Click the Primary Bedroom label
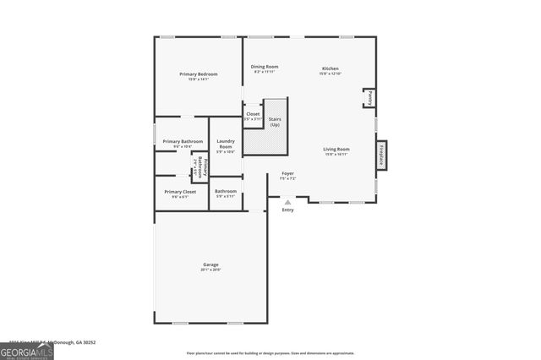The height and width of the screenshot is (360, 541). coord(199,74)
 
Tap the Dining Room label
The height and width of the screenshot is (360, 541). coord(265,67)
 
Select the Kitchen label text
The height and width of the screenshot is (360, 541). coord(331,68)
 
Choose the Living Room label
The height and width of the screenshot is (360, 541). coord(336,150)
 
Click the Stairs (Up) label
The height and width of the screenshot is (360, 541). coord(275,122)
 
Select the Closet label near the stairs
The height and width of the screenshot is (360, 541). coord(253,114)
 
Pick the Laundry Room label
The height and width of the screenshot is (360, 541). coord(226,144)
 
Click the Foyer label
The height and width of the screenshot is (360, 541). coord(287,173)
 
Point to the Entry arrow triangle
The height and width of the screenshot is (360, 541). coord(287,202)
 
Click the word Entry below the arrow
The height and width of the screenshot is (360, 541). coord(287,210)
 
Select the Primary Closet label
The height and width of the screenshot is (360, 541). coord(180,192)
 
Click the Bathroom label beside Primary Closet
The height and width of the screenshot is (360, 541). coord(226,192)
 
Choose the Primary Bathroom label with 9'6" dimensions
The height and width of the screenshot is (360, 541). coord(183,141)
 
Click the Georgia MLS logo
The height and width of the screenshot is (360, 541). coord(27,351)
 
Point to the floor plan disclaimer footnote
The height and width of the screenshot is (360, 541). coord(270,352)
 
